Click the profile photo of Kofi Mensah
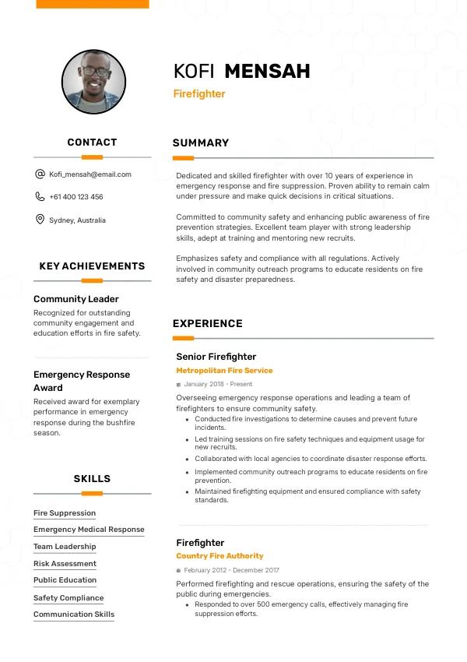pos(93,82)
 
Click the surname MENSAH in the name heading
pos(267,72)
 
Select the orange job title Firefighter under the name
pos(199,94)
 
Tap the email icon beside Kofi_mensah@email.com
pos(40,174)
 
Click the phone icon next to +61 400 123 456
pos(40,197)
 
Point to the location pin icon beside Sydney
pos(40,220)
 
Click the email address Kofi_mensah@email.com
pos(90,174)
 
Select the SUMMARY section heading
pos(201,143)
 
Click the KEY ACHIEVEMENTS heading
pos(92,266)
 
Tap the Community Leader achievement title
pos(76,299)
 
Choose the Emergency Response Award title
pos(82,381)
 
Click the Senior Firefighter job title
pos(216,357)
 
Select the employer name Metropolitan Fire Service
pos(224,371)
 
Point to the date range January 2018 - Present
pos(218,384)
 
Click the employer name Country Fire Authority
pos(219,556)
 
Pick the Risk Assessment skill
pos(65,564)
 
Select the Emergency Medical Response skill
pos(89,530)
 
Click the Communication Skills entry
pos(74,614)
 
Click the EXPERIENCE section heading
pos(208,324)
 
